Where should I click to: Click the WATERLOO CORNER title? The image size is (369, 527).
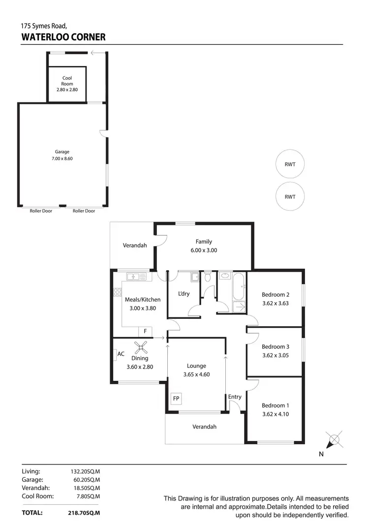63,36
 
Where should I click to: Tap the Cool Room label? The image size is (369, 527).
67,81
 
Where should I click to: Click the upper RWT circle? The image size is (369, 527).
290,164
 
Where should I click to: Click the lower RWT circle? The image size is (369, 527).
290,196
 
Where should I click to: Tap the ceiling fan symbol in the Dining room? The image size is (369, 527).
142,348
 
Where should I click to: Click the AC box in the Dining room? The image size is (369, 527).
121,354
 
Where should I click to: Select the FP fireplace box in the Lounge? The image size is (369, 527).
176,398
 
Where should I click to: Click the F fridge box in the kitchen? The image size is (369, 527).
145,332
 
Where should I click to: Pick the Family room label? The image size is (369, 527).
204,242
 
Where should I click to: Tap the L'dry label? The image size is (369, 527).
184,294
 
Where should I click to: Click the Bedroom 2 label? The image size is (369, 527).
275,295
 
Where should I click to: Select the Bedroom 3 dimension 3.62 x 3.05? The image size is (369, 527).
275,355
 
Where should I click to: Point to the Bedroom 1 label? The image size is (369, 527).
275,405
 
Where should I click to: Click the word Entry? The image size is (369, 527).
235,397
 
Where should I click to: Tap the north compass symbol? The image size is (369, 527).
333,439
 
